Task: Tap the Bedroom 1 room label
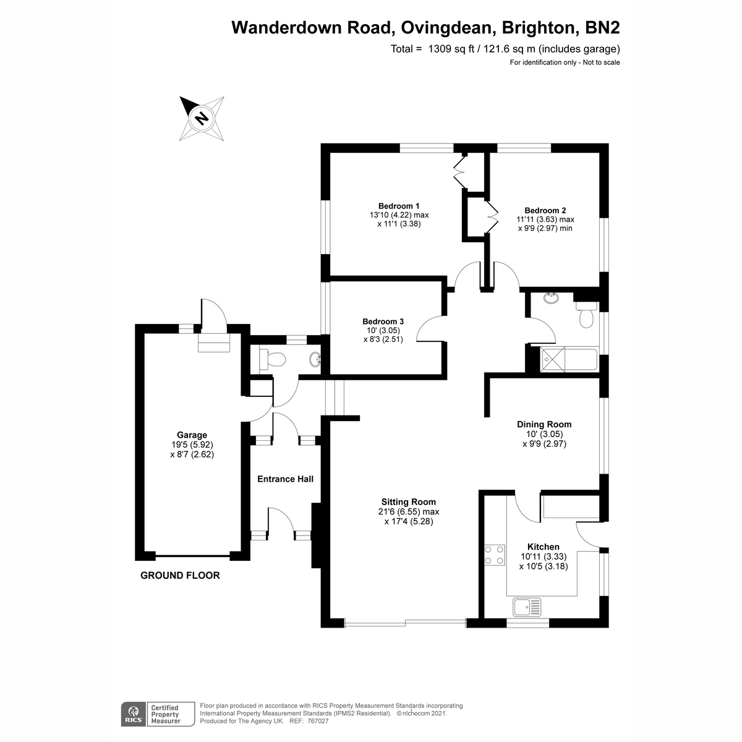(x=399, y=206)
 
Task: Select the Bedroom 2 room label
(x=545, y=210)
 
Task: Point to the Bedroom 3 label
(x=383, y=322)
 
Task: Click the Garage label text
(x=192, y=435)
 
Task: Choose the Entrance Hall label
(x=285, y=479)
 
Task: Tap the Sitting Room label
(x=408, y=502)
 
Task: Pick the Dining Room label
(x=544, y=424)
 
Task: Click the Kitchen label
(x=543, y=547)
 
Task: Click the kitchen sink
(x=527, y=607)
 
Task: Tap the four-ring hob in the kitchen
(x=495, y=554)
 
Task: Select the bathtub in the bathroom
(x=568, y=359)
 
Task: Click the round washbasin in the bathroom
(x=550, y=299)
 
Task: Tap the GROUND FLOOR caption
(x=180, y=575)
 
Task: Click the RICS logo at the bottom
(x=131, y=714)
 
